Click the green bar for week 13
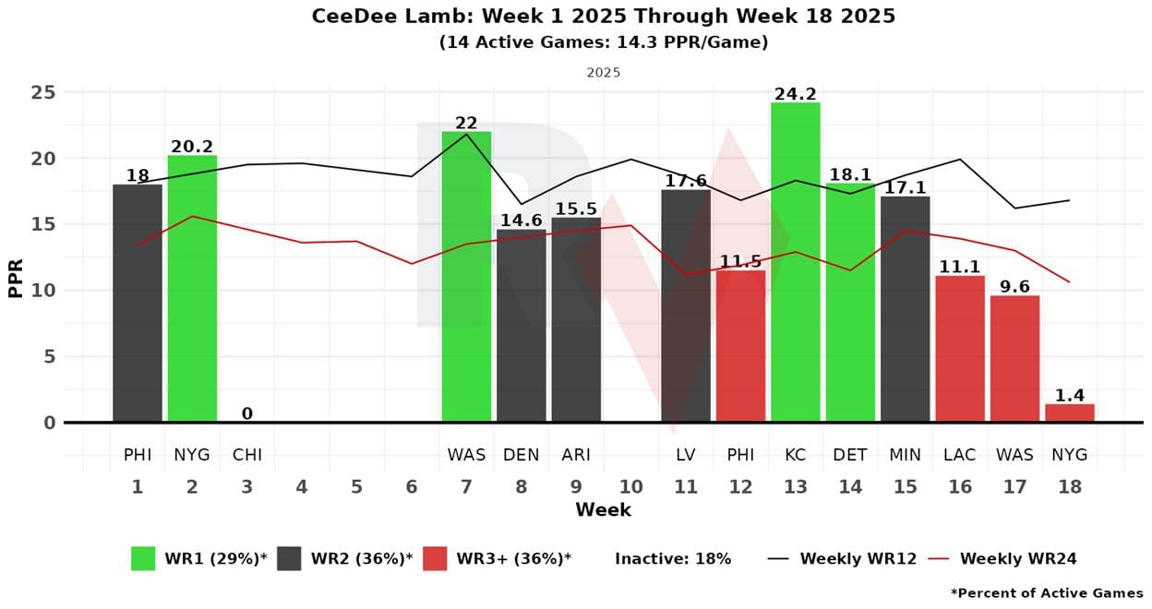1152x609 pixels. coord(795,262)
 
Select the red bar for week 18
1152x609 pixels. coord(1070,413)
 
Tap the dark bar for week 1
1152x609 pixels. coord(138,304)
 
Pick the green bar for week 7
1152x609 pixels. coord(466,277)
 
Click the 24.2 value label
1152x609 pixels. coord(795,94)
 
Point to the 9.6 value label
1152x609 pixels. coord(1014,287)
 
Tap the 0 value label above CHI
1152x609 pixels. coord(246,413)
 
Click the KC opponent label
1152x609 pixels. coord(795,455)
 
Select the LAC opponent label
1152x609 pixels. coord(960,455)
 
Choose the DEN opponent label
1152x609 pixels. coord(521,455)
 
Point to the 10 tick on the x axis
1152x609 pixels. coord(630,486)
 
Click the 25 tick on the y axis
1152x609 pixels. coord(43,93)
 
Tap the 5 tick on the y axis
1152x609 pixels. coord(49,357)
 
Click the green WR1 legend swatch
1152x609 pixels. coord(143,558)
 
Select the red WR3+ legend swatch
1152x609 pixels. coord(435,558)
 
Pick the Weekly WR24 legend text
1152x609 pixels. coord(1018,558)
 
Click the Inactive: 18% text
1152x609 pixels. coord(673,558)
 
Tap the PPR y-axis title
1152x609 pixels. coord(16,278)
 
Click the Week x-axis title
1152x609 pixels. coord(604,510)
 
